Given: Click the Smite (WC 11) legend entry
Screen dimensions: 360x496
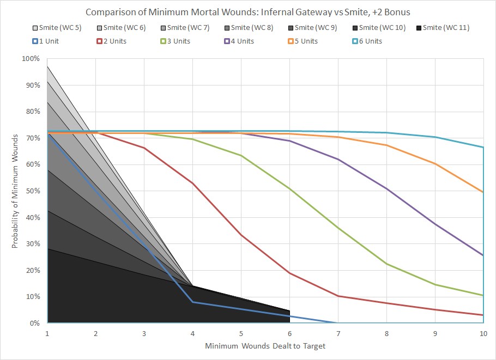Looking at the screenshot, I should point(442,28).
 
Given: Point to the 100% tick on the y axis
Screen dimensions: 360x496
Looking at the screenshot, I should point(31,59).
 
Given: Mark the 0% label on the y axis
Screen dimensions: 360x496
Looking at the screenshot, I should point(34,323).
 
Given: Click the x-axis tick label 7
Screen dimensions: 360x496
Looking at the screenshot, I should point(338,333).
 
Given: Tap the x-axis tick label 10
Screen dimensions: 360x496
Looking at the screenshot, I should point(483,333).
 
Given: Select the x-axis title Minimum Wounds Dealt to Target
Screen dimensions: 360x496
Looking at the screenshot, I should point(265,346).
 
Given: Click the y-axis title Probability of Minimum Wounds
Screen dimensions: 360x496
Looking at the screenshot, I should point(15,191).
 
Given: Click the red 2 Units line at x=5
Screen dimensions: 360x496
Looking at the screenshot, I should point(241,235).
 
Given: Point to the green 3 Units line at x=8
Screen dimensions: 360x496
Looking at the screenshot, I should point(386,264).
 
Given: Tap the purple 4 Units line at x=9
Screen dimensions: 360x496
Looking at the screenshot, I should point(435,224).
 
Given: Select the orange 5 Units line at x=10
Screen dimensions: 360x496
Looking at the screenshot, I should point(483,192).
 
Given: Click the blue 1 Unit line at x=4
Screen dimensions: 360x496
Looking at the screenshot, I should point(193,302).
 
